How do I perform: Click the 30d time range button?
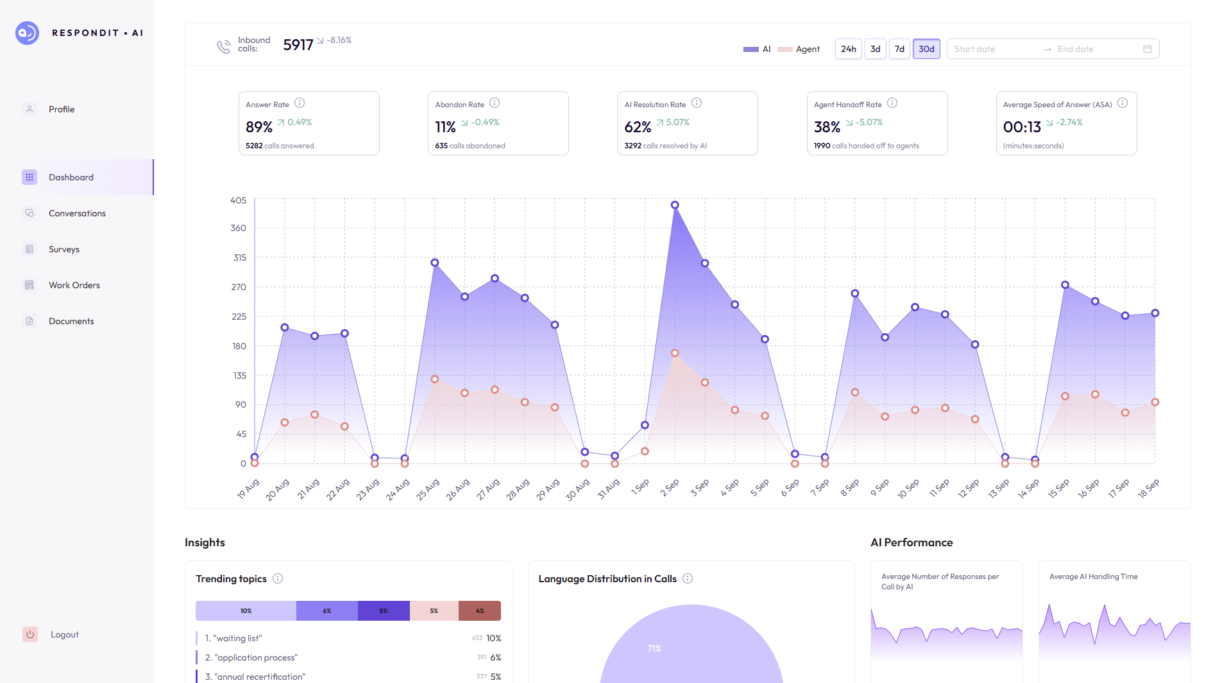(926, 49)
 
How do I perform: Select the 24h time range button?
(848, 49)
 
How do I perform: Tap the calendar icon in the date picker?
(1148, 49)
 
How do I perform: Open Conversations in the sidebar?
(77, 213)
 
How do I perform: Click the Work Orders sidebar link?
(74, 285)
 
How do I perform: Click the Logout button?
(64, 634)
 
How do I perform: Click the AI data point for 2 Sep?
(675, 205)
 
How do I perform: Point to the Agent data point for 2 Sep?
(675, 353)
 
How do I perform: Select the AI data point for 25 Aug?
(435, 263)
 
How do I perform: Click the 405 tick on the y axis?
(238, 200)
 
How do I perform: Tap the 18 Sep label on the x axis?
(1148, 488)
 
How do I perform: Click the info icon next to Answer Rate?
(300, 103)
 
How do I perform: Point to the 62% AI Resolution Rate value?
(638, 127)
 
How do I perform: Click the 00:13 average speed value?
(1022, 127)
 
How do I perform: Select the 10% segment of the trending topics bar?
(246, 610)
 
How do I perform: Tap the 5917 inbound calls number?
(298, 45)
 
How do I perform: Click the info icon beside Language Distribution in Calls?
(688, 578)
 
